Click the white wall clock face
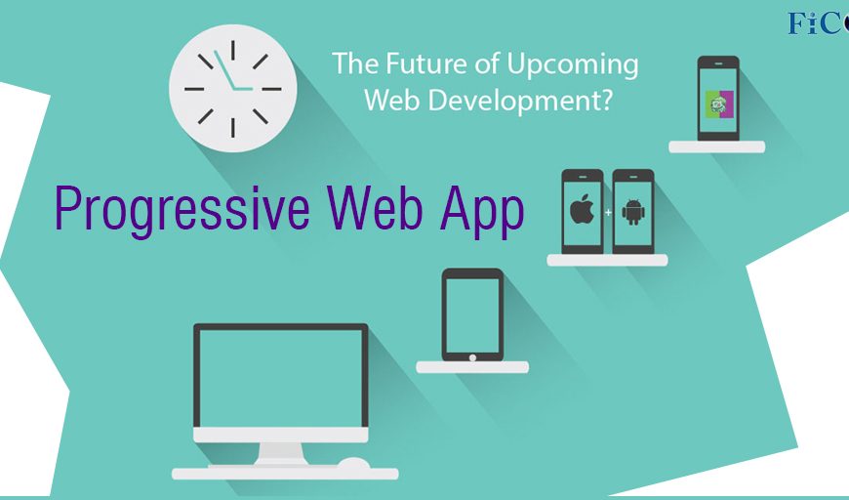point(233,88)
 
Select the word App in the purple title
point(482,211)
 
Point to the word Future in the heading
point(427,62)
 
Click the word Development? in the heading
point(520,100)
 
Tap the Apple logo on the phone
point(582,210)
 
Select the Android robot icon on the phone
point(633,212)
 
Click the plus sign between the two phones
point(608,212)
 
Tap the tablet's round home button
point(472,357)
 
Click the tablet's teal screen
point(472,315)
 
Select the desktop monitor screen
point(280,378)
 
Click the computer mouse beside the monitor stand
point(354,464)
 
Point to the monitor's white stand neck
point(280,453)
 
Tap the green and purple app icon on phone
point(719,104)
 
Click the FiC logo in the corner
point(818,23)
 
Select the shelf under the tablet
point(472,367)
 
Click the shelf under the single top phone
point(717,146)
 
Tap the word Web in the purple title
point(375,208)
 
